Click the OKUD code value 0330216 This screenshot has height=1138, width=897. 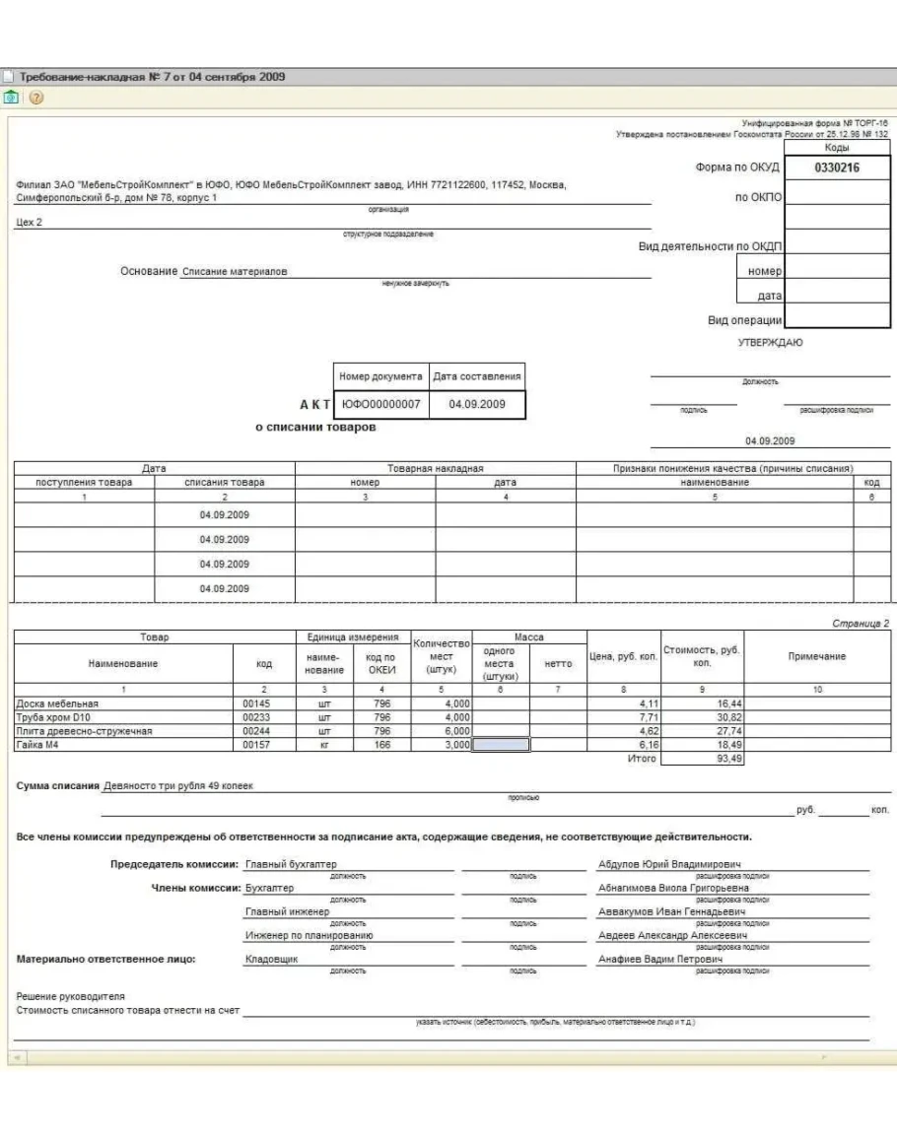click(837, 168)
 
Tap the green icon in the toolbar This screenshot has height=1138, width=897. click(11, 98)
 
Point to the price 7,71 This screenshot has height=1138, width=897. click(642, 717)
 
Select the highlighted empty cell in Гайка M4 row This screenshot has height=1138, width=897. click(502, 745)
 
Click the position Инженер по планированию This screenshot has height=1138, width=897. click(308, 935)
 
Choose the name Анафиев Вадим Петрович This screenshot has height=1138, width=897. click(661, 958)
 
